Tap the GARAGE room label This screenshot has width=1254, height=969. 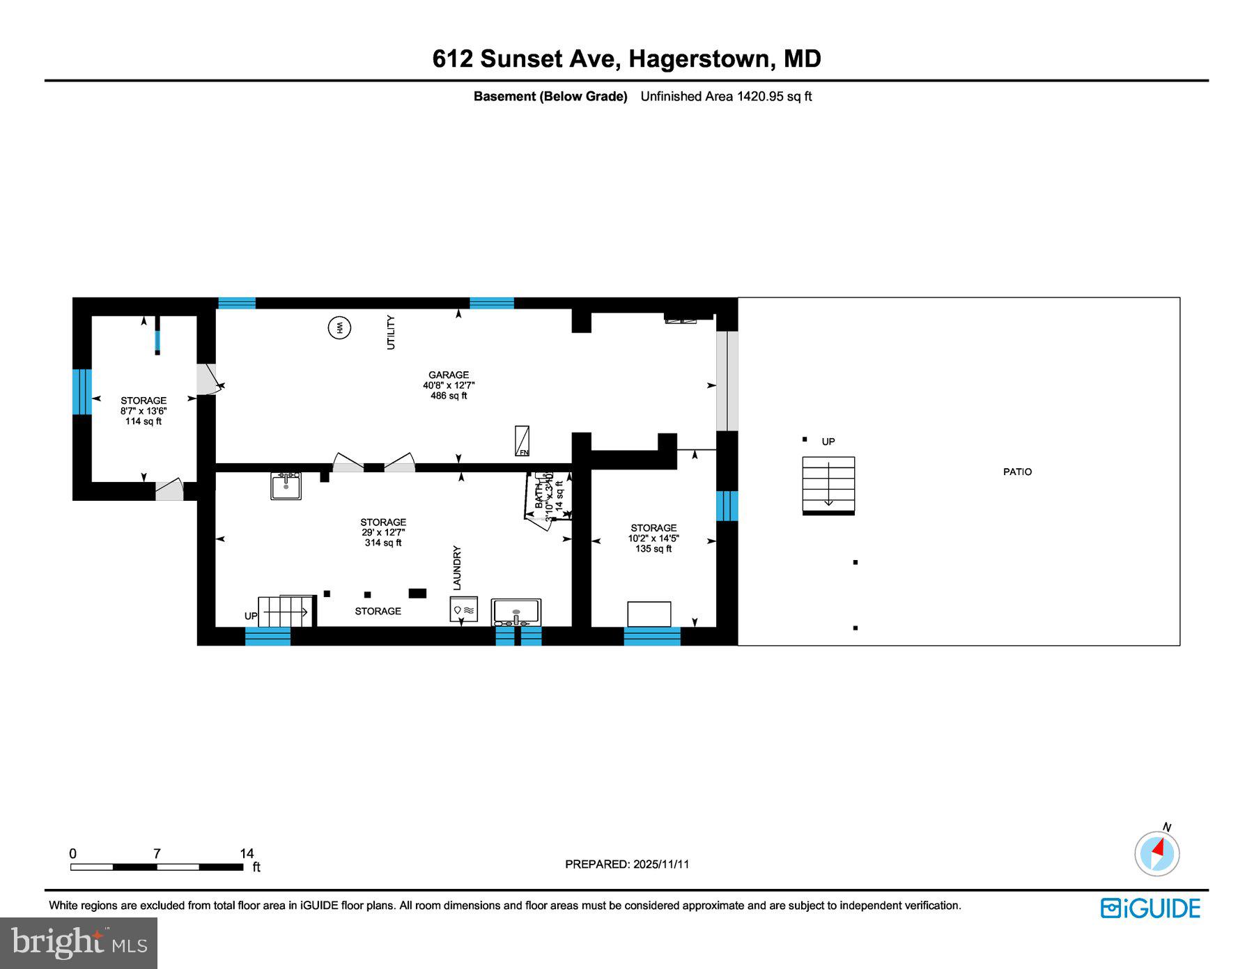[x=448, y=375]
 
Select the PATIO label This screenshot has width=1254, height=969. [x=1017, y=472]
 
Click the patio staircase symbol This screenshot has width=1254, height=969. [x=828, y=486]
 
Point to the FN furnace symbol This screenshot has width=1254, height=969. [x=522, y=442]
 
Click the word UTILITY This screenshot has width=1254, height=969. [x=391, y=332]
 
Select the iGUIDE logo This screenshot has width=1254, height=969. [x=1150, y=908]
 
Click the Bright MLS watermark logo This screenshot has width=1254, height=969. [x=79, y=943]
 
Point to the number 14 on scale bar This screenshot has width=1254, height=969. [x=247, y=853]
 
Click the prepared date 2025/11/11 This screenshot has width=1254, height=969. [x=661, y=864]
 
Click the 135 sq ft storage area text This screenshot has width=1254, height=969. [x=653, y=549]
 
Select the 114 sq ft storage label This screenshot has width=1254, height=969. [x=144, y=421]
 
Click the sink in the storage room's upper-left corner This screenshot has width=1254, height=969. [x=286, y=486]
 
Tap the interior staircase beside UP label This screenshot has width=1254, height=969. [x=286, y=611]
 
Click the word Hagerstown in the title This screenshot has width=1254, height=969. [x=699, y=59]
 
